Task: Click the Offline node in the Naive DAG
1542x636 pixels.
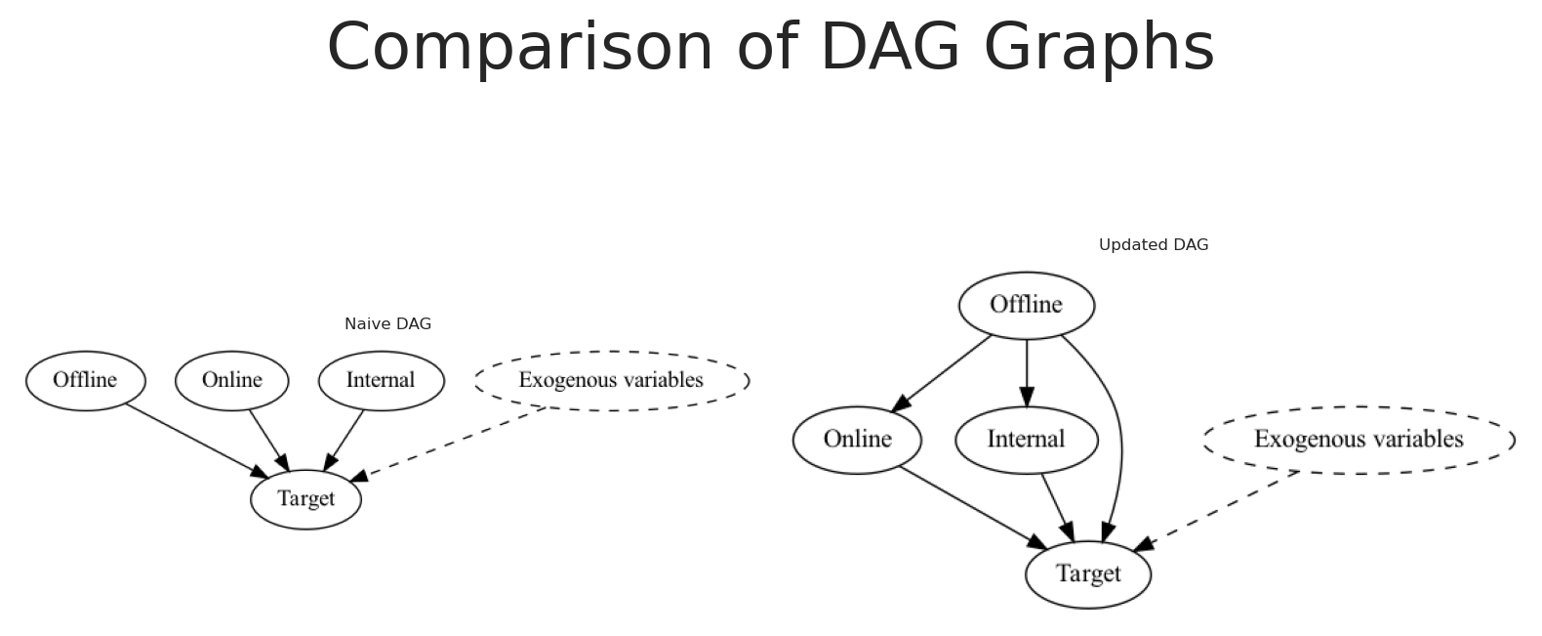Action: (x=86, y=381)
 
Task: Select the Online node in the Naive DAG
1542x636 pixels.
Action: (x=232, y=381)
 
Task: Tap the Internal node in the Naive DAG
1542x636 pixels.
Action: (x=382, y=381)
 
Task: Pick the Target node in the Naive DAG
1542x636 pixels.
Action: (x=305, y=499)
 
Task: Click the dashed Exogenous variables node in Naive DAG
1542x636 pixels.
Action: (x=612, y=381)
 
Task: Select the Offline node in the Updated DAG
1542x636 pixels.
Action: (x=1027, y=305)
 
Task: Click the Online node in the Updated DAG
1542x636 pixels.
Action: (x=857, y=441)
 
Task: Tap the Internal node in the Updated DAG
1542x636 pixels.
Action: (x=1027, y=441)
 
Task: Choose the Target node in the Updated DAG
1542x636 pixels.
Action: (x=1088, y=574)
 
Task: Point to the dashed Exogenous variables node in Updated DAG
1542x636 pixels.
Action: (x=1359, y=441)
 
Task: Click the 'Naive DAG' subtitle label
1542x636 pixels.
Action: (x=387, y=323)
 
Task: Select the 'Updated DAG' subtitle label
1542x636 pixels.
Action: (x=1153, y=244)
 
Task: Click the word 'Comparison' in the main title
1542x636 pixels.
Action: (x=520, y=48)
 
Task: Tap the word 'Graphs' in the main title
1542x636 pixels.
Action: (x=1099, y=48)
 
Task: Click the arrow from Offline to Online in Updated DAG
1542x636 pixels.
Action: (x=941, y=374)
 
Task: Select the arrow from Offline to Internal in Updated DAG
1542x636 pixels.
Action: (x=1027, y=373)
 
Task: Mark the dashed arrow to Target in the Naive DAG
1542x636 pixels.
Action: (x=447, y=445)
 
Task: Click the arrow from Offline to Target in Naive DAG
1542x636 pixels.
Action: (x=196, y=441)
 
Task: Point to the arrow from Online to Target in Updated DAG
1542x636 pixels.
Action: (x=974, y=509)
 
